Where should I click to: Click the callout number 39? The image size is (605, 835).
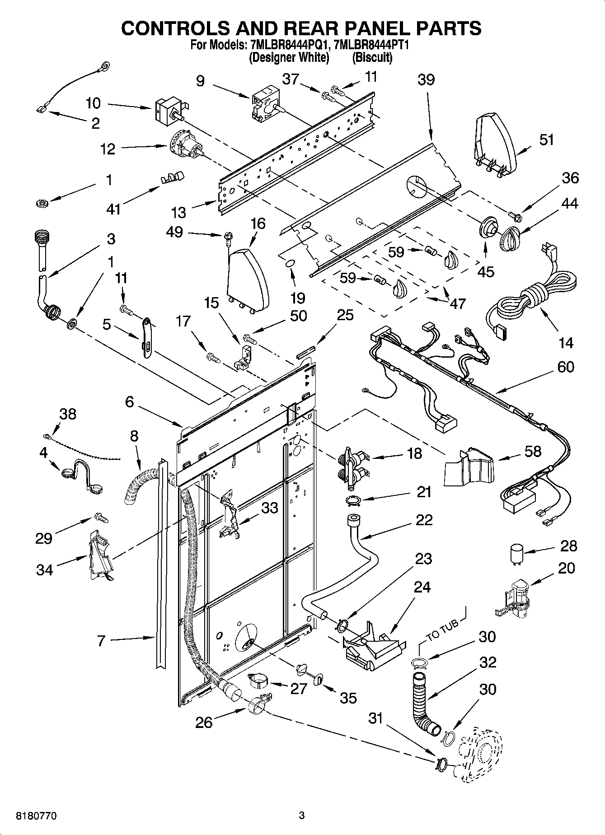click(x=426, y=80)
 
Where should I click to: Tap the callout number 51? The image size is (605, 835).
click(x=546, y=140)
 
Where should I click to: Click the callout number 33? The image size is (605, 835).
click(x=269, y=508)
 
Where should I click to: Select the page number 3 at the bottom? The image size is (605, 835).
click(x=302, y=816)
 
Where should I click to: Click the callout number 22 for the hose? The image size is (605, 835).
click(x=423, y=520)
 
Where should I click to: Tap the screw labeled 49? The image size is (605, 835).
click(x=229, y=236)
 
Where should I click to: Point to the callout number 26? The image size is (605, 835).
click(x=204, y=723)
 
